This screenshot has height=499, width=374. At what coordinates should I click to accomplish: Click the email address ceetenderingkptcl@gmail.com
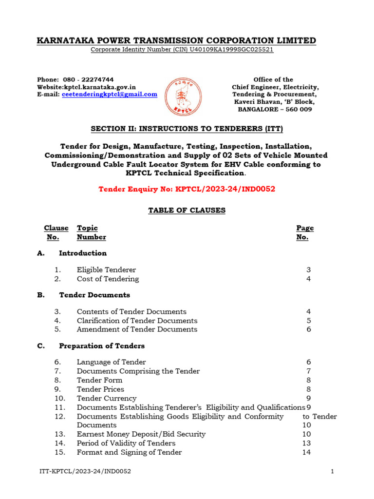(x=110, y=95)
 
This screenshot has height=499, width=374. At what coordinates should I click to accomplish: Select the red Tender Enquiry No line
(x=187, y=189)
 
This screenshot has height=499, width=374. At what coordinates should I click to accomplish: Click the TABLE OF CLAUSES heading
(x=187, y=210)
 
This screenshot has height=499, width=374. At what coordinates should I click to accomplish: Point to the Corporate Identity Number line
(x=182, y=50)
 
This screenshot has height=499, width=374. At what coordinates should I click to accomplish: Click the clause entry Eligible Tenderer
(x=106, y=269)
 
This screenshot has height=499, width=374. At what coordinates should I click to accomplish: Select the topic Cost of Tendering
(x=108, y=279)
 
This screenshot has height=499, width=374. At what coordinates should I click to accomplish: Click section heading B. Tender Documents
(x=94, y=295)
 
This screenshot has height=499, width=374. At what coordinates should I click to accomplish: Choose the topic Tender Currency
(x=107, y=398)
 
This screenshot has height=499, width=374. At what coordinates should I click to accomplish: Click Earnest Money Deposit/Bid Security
(x=141, y=434)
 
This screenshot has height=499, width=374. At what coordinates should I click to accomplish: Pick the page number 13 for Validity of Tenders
(x=306, y=443)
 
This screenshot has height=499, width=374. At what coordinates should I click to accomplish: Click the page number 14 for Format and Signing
(x=306, y=452)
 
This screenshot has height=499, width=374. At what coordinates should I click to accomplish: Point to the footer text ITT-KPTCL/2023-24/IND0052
(x=85, y=472)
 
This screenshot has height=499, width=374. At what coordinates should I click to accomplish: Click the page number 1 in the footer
(x=332, y=472)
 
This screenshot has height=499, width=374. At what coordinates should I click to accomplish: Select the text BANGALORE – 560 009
(x=275, y=109)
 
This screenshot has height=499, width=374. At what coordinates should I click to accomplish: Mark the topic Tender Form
(x=99, y=380)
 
